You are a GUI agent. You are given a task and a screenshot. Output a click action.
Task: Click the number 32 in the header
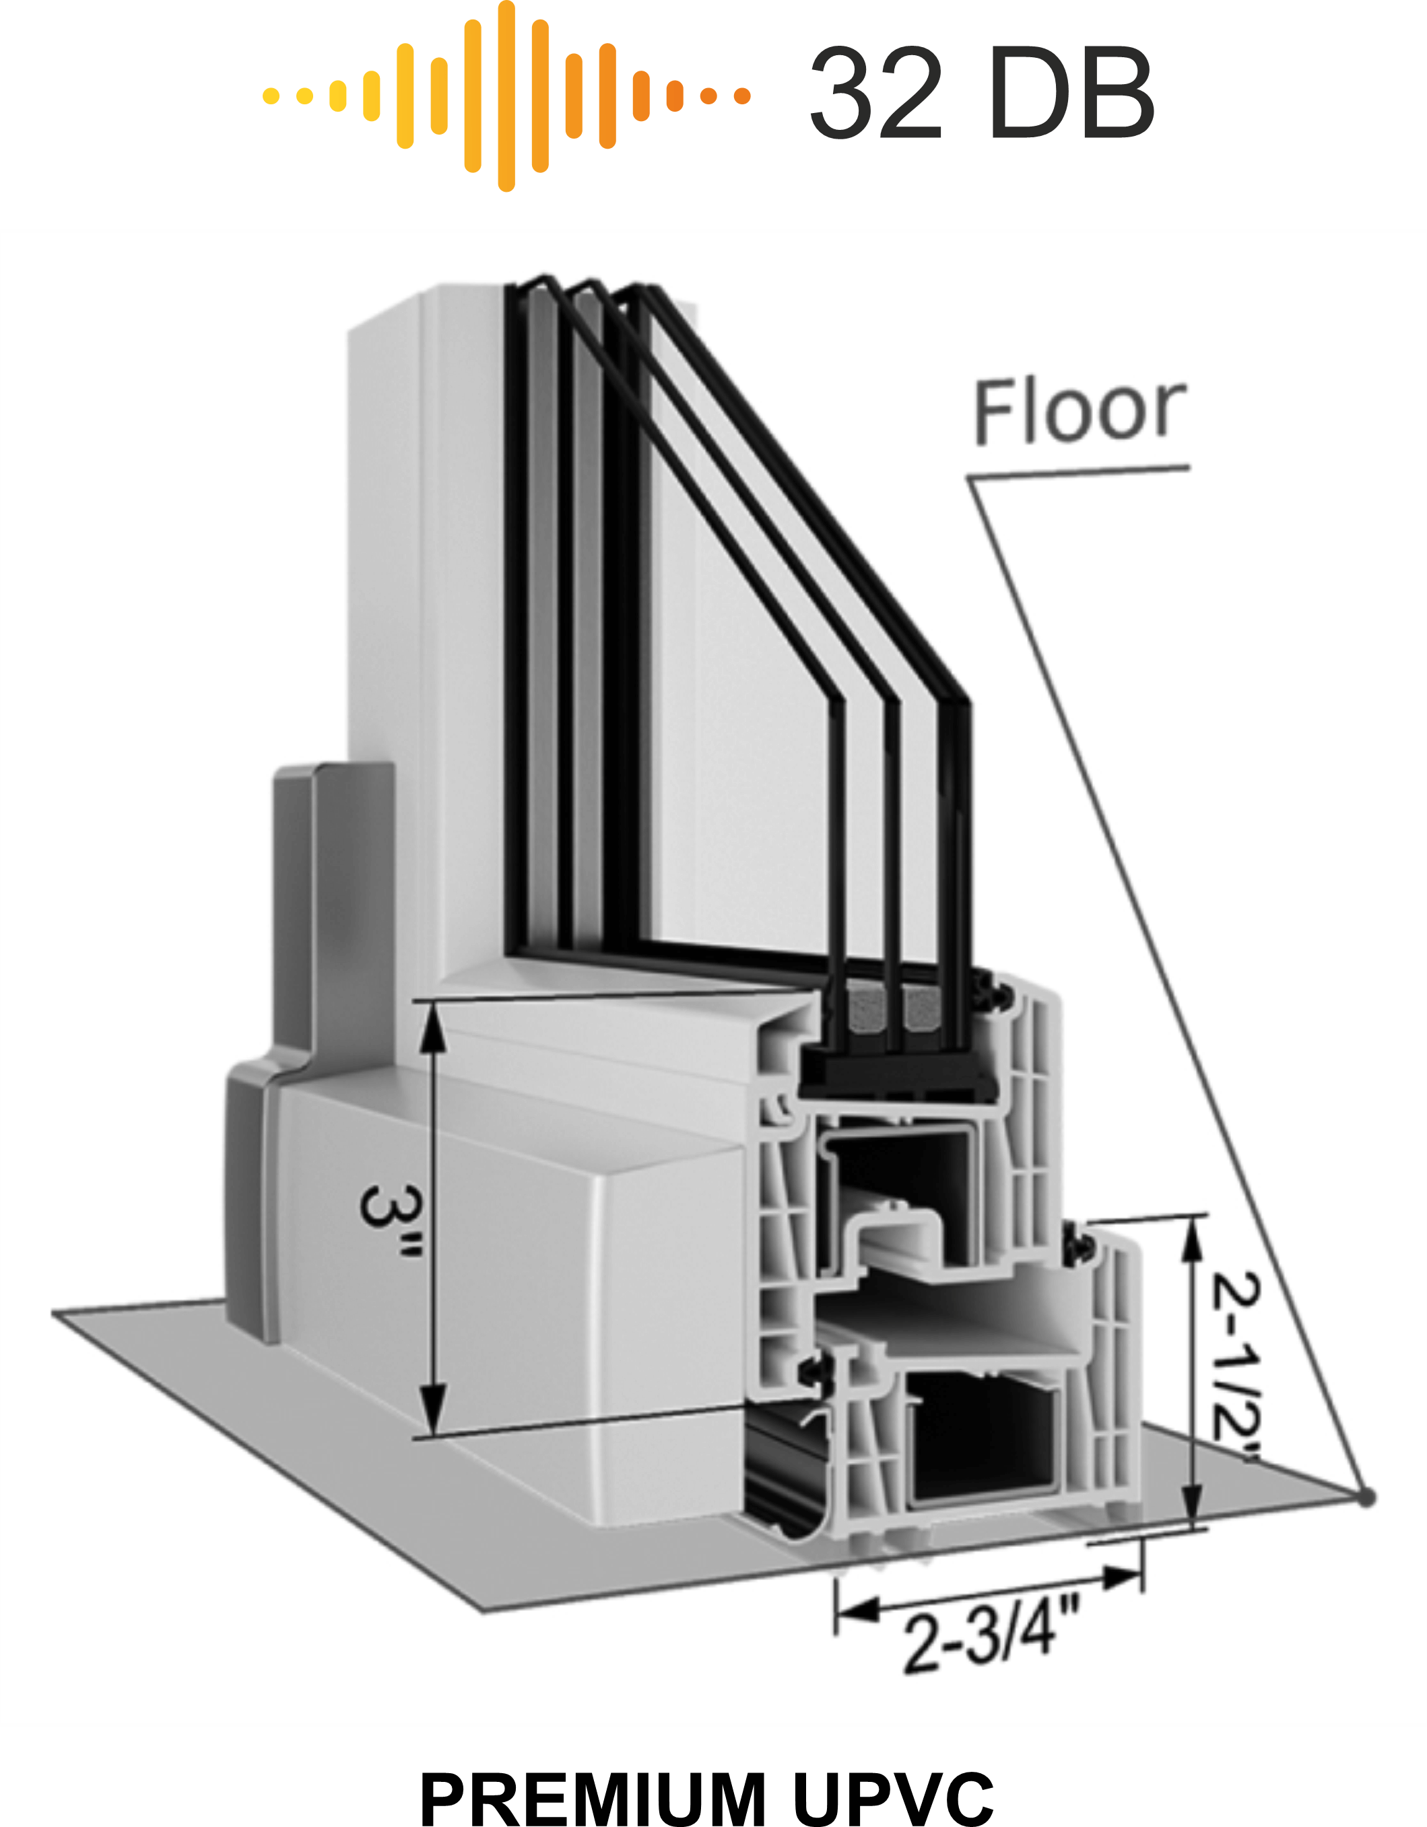point(875,94)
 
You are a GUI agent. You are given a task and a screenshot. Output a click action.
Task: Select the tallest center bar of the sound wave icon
point(506,96)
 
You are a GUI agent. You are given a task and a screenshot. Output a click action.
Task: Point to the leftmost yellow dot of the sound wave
point(270,96)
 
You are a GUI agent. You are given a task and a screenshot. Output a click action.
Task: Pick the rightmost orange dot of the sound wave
point(741,96)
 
